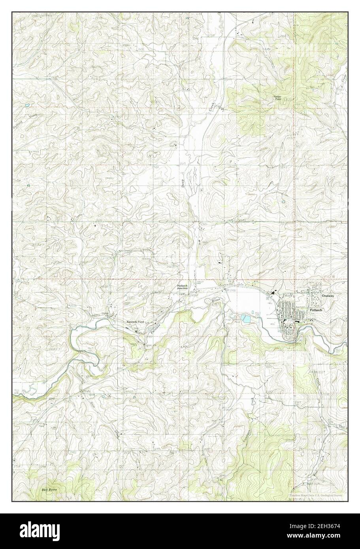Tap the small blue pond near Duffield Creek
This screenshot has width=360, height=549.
(x=26, y=106)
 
